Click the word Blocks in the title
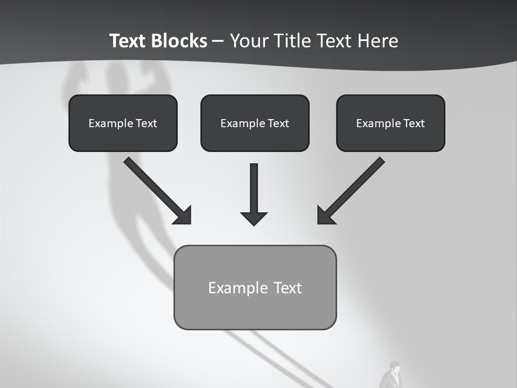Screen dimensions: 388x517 179,41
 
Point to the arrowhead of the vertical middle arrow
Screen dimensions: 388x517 254,218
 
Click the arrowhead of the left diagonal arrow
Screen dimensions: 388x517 183,216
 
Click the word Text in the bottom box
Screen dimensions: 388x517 288,288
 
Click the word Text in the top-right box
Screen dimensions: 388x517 414,123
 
